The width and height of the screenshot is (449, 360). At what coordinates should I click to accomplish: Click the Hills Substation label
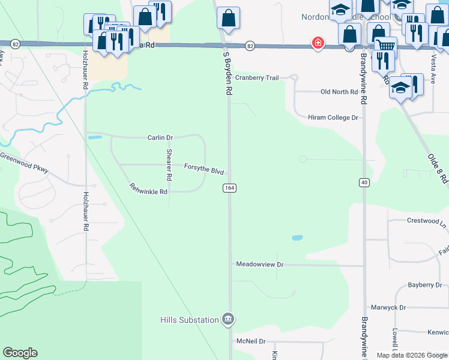pos(189,320)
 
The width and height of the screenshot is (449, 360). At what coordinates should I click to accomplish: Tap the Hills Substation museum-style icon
pos(228,318)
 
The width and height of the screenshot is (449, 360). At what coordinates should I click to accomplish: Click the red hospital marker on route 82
pos(318,43)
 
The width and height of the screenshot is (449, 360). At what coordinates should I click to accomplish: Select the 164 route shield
pos(229,188)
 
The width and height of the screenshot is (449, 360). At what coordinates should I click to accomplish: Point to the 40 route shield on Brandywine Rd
pos(364,181)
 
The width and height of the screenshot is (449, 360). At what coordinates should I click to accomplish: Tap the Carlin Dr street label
pos(160,137)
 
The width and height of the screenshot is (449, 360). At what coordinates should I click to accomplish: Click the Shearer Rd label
pos(169,165)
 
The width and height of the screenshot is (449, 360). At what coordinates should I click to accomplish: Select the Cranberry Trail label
pos(257,78)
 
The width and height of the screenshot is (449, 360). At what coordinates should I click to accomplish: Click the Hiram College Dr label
pos(333,118)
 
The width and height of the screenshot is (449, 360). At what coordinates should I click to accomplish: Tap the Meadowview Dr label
pos(259,264)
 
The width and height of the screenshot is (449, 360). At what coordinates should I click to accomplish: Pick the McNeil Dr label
pos(251,341)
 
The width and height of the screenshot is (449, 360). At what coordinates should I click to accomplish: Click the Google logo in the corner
pos(20,353)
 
